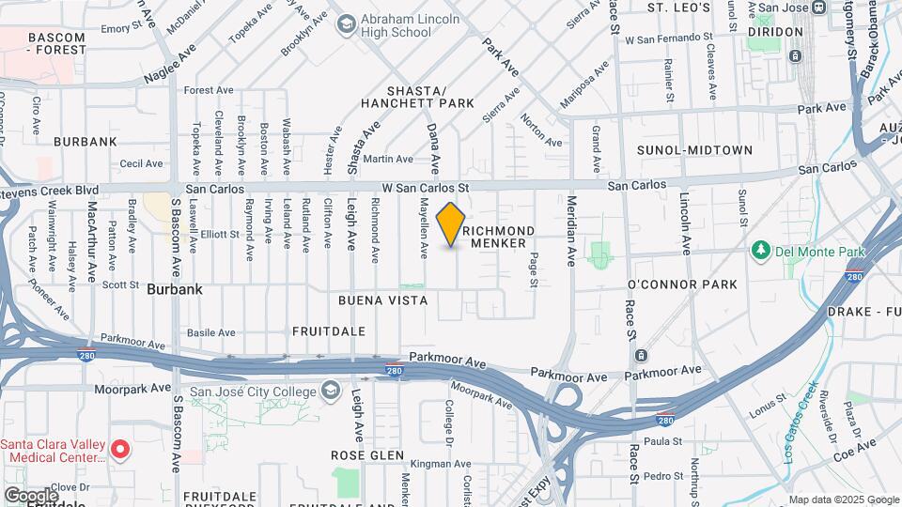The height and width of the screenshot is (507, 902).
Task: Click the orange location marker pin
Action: pyautogui.click(x=451, y=224)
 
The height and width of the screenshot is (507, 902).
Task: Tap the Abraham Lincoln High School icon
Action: pyautogui.click(x=346, y=23)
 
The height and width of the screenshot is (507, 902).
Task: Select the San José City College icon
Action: pyautogui.click(x=331, y=390)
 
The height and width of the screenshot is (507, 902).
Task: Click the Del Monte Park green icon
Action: pyautogui.click(x=760, y=252)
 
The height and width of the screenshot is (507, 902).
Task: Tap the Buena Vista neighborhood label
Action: pyautogui.click(x=383, y=300)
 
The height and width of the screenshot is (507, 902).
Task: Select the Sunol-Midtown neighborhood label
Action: pyautogui.click(x=694, y=150)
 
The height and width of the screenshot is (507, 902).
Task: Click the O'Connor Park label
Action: pyautogui.click(x=682, y=284)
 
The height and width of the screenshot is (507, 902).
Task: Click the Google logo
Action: pyautogui.click(x=31, y=495)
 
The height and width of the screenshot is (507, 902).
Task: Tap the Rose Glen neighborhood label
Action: pyautogui.click(x=366, y=455)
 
